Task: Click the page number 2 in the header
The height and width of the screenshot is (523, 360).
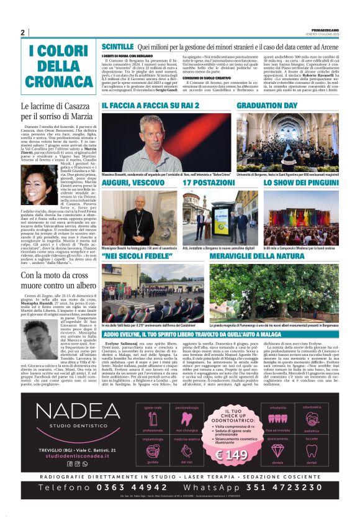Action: click(x=22, y=33)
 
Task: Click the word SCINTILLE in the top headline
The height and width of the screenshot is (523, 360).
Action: click(x=118, y=47)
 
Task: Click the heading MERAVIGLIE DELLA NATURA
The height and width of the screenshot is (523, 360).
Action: click(x=253, y=256)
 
